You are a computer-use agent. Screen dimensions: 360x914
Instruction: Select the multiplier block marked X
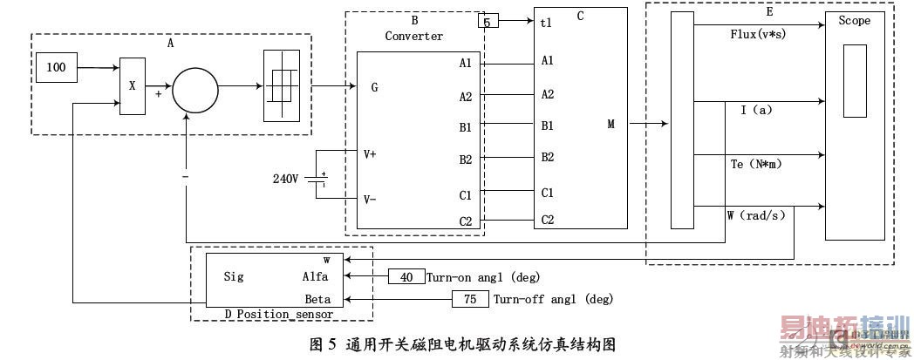(x=133, y=87)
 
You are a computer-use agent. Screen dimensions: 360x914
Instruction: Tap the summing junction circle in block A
(x=194, y=90)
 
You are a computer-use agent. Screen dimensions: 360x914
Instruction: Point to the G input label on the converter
(x=374, y=87)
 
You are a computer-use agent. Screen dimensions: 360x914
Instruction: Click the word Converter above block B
(x=414, y=36)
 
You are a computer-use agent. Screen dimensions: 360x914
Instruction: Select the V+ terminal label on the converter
(x=371, y=155)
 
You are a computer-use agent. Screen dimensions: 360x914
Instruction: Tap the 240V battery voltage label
(x=285, y=179)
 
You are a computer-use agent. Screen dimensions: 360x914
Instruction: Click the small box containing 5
(x=488, y=20)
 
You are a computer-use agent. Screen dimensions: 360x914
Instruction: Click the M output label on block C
(x=611, y=124)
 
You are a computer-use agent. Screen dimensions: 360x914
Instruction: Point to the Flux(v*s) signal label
(x=761, y=35)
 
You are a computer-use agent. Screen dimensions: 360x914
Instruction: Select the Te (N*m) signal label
(x=755, y=164)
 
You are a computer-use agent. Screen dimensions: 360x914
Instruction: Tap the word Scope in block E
(x=854, y=21)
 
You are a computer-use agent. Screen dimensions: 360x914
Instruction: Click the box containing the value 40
(x=406, y=277)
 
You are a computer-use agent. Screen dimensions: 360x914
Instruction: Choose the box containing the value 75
(x=470, y=299)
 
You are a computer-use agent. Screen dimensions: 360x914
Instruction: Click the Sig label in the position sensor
(x=234, y=277)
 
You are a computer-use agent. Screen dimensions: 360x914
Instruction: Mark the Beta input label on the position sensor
(x=317, y=299)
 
